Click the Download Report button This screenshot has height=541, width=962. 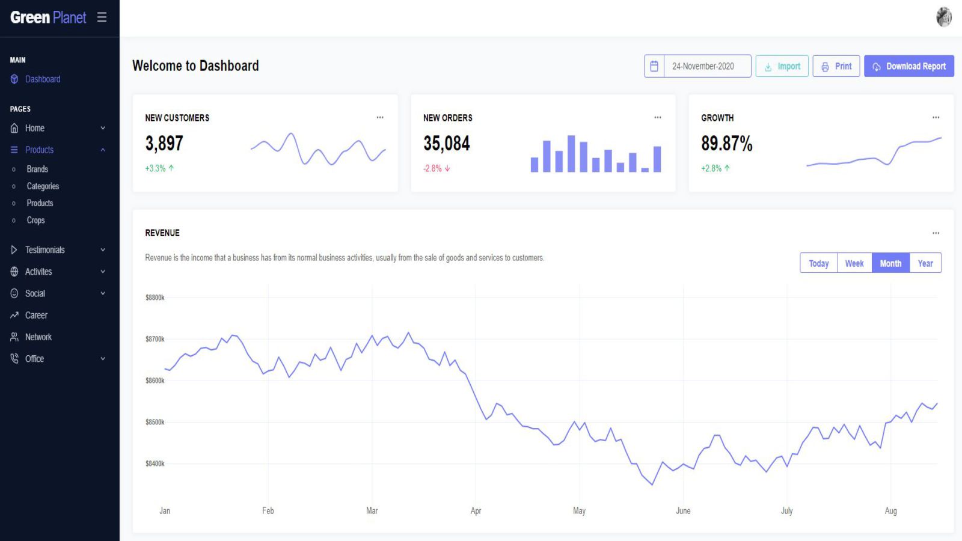(908, 66)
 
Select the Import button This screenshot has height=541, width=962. (782, 66)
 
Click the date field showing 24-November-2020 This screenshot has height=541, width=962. (703, 66)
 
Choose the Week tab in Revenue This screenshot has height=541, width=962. (854, 263)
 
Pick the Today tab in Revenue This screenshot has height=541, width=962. (818, 263)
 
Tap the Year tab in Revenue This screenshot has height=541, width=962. (925, 263)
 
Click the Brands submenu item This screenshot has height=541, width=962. (37, 170)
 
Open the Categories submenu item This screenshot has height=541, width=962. (43, 186)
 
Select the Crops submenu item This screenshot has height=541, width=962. (35, 221)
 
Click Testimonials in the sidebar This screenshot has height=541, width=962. (44, 250)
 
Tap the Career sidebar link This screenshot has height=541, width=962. (36, 316)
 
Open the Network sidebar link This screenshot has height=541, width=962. (38, 337)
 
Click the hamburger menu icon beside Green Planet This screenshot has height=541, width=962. (102, 17)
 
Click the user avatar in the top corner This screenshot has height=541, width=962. (943, 17)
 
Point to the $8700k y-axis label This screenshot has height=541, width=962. (155, 339)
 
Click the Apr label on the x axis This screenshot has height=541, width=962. (476, 511)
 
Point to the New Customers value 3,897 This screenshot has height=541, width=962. (164, 144)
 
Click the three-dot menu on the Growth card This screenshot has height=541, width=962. (936, 118)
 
